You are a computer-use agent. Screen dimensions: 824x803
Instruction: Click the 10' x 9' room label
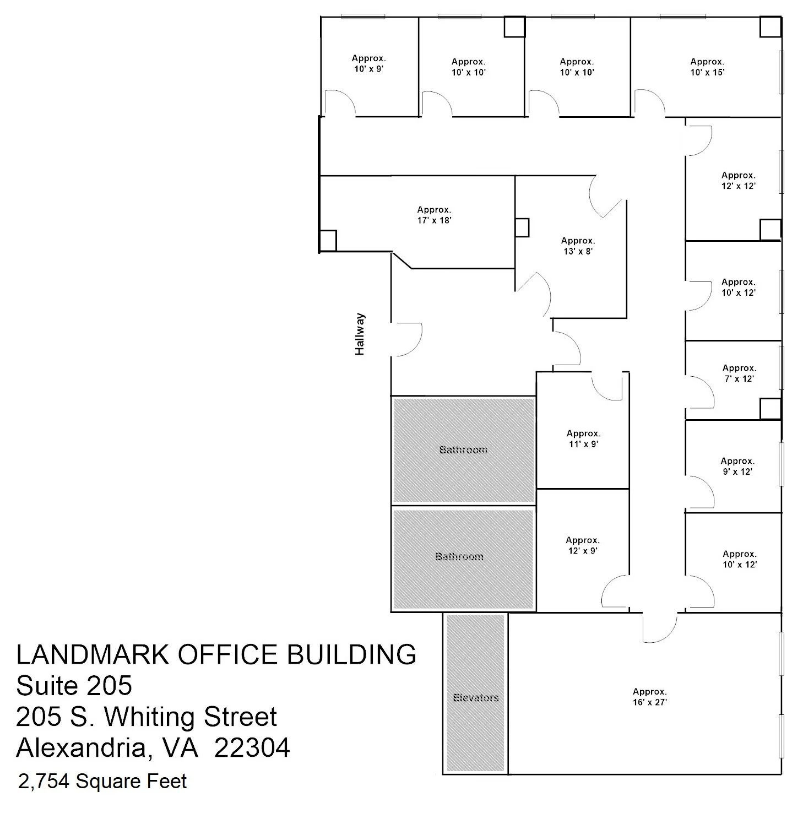pos(368,64)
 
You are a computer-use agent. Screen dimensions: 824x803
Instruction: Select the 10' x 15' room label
pos(707,67)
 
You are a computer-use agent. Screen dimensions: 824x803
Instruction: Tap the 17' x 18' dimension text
pos(434,215)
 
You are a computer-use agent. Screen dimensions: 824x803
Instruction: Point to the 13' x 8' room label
pos(578,246)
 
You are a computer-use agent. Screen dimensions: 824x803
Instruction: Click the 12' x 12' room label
pos(738,181)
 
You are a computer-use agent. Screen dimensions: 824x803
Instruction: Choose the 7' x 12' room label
pos(739,373)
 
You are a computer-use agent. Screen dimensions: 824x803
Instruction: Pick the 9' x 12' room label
pos(737,467)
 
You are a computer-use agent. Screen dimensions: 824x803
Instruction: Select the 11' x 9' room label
pos(583,439)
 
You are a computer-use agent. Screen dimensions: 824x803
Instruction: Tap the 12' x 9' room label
pos(583,545)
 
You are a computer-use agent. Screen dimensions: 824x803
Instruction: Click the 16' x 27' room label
pos(649,697)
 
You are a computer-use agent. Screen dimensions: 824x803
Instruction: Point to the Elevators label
pos(476,697)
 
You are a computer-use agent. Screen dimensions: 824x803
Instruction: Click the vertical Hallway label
pos(360,334)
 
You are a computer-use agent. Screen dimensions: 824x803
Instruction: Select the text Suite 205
pos(74,686)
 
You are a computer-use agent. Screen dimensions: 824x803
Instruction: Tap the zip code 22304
pos(252,747)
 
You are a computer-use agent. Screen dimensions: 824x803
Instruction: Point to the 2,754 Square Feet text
pos(102,781)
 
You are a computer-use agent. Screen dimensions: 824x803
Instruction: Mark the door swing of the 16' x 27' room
pos(659,628)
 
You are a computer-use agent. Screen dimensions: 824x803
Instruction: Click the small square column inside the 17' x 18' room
pos(328,240)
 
